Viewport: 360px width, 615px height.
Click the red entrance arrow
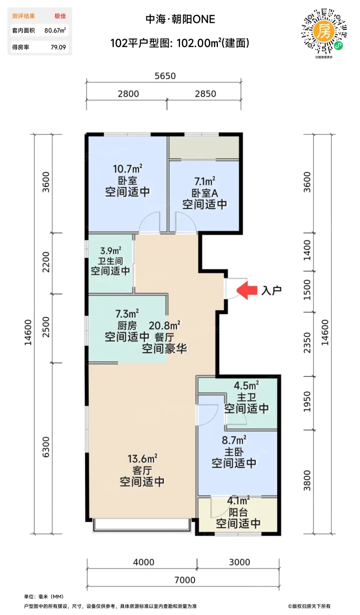[247, 290]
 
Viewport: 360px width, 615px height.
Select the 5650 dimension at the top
[165, 76]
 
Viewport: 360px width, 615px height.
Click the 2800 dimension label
[128, 94]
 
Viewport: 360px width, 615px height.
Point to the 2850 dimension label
[206, 94]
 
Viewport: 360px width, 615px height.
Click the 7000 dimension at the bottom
[185, 580]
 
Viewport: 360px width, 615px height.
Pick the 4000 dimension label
[144, 562]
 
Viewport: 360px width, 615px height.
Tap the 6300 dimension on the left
[46, 447]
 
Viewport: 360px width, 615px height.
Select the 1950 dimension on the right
[307, 402]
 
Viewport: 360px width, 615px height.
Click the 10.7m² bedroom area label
[128, 169]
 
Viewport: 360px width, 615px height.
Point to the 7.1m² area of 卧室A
[205, 181]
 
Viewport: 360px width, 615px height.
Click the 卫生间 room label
[110, 261]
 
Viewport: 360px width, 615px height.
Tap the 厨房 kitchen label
[127, 326]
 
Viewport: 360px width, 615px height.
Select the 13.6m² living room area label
[142, 459]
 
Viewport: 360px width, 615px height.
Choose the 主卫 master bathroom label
[247, 397]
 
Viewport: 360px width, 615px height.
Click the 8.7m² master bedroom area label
[234, 440]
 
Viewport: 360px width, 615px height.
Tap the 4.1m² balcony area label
[238, 500]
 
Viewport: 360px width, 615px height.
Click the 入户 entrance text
[272, 290]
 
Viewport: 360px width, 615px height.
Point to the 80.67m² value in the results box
[55, 30]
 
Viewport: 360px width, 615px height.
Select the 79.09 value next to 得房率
[58, 47]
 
